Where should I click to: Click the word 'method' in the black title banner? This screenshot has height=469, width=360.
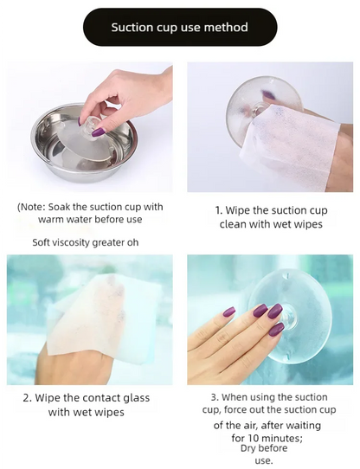coord(226,27)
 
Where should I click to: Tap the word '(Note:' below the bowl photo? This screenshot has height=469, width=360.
coord(31,207)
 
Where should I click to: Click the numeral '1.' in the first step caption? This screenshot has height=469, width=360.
coord(219,210)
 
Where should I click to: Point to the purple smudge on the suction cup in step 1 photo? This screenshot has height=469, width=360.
coord(268,96)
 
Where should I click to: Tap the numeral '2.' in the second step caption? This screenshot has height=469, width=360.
coord(27,398)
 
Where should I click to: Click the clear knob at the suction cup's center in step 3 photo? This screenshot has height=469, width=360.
coord(289,317)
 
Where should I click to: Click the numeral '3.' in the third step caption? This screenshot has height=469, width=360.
coord(215,397)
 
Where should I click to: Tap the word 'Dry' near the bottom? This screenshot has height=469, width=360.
coord(248,448)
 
